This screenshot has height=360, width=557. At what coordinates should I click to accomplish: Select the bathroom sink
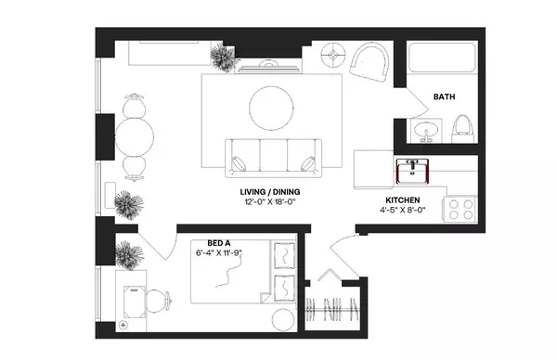click(428, 130)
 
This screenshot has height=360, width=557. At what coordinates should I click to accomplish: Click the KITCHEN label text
click(404, 200)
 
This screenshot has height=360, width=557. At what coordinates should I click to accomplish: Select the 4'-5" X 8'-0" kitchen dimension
click(404, 212)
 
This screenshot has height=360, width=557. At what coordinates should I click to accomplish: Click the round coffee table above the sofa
click(271, 108)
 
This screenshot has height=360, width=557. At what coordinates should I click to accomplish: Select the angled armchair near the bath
click(373, 64)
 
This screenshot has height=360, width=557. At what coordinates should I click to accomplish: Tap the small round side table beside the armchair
click(331, 56)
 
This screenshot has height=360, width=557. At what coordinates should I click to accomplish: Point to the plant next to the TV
click(222, 59)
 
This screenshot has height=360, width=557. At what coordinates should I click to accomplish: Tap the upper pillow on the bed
click(285, 253)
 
